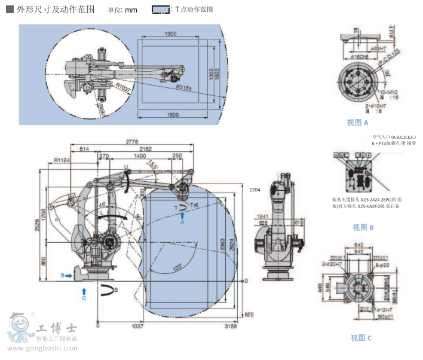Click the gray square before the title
(x=10, y=9)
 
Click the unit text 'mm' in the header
(x=131, y=10)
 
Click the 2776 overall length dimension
(x=133, y=142)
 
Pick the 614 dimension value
(x=84, y=149)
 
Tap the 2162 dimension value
(x=145, y=149)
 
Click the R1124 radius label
(x=62, y=160)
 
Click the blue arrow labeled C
(x=84, y=291)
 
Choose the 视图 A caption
(x=357, y=123)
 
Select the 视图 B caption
(x=363, y=227)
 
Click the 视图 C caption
(x=361, y=338)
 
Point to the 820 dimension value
(x=249, y=315)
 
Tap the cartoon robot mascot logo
(x=20, y=327)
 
